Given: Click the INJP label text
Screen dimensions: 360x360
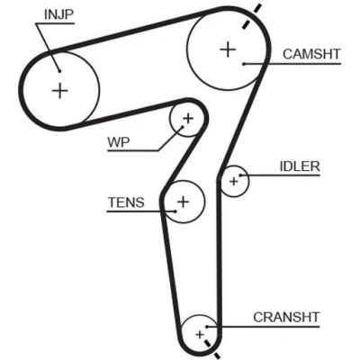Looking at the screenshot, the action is coord(58,14).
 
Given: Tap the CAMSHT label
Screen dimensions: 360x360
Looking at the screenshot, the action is coord(311,54).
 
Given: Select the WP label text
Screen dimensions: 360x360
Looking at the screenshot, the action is coord(119,142).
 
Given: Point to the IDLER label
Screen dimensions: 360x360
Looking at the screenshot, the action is coord(300,166).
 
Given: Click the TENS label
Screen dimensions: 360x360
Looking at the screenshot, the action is coord(126,202).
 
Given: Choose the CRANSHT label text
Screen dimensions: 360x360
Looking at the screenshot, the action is coord(286,318).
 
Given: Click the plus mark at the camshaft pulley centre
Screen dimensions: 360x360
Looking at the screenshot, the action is coord(228,49).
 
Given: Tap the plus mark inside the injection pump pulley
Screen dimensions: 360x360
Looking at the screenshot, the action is coord(60,91).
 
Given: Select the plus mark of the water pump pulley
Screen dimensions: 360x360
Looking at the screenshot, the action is coord(188,119).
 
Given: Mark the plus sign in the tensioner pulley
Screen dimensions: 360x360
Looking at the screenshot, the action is coord(184,202).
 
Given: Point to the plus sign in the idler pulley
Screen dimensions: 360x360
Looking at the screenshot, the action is coord(233,181).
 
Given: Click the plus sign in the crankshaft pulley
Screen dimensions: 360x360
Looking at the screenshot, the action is coord(200,334).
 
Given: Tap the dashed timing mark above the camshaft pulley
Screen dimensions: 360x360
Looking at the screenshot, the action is coord(251,16).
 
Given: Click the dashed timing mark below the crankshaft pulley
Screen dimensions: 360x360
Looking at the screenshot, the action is coord(212,349).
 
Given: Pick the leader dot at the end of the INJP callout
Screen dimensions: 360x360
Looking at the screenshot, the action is coord(59,71).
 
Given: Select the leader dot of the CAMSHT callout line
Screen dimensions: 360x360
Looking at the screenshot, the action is coord(244,64).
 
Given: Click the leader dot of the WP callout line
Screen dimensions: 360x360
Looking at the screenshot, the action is coord(182,127).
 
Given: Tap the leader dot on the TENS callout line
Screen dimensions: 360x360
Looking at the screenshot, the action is coord(175,211).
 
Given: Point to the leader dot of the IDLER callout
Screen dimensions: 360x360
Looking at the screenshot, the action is coord(240,175).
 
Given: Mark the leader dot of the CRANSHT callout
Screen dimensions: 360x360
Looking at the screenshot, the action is coord(207,327).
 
